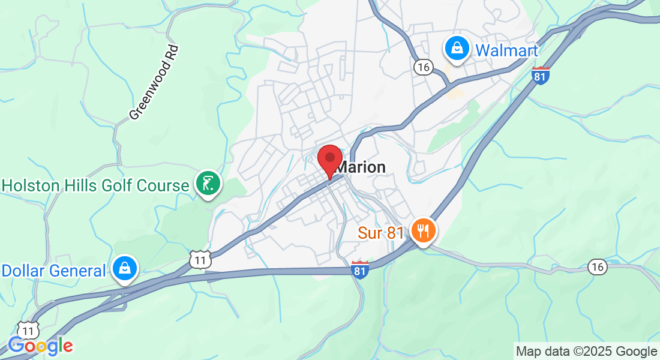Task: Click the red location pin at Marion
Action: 329,160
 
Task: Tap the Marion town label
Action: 361,167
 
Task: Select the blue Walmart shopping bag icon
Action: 457,49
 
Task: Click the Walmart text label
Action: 506,50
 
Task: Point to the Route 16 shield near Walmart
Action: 423,67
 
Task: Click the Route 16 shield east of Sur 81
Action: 597,267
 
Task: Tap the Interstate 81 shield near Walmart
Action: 541,76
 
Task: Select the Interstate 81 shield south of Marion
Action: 359,270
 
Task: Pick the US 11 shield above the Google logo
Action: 28,329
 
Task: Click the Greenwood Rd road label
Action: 154,82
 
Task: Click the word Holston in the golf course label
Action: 32,185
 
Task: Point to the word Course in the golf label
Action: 161,185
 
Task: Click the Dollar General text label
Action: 53,271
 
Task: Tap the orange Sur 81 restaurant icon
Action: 424,230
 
